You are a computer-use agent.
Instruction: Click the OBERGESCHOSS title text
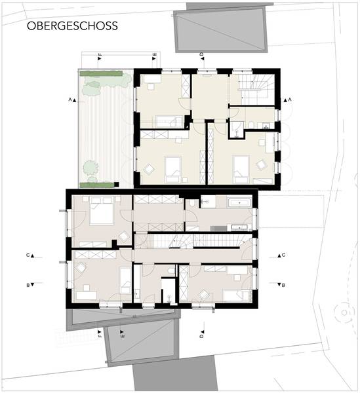(x=72, y=26)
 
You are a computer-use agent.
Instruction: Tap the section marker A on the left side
(x=72, y=100)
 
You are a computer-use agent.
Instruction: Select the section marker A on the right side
(x=287, y=100)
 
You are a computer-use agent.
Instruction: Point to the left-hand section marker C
(x=30, y=255)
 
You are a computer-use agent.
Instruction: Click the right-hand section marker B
(x=281, y=285)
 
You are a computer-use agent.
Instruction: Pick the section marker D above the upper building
(x=202, y=56)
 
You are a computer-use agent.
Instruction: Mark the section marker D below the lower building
(x=202, y=333)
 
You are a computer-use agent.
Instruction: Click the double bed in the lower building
(x=102, y=211)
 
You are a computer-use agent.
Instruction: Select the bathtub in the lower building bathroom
(x=239, y=202)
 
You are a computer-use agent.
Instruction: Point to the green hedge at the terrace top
(x=101, y=73)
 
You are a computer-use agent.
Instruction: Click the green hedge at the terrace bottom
(x=97, y=185)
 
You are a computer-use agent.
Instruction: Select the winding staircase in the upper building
(x=254, y=89)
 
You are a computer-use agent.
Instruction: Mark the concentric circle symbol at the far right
(x=344, y=312)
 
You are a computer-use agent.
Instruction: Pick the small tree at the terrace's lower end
(x=90, y=167)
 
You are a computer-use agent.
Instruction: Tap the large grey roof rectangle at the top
(x=221, y=30)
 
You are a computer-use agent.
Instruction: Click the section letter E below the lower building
(x=122, y=333)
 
